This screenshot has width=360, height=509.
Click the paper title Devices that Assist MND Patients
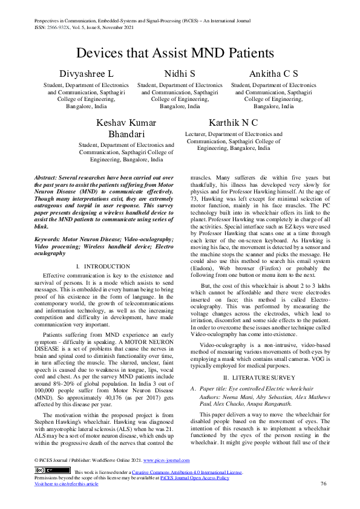click(x=180, y=52)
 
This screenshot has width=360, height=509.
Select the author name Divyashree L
click(x=85, y=74)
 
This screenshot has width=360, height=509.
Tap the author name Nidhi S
click(x=180, y=74)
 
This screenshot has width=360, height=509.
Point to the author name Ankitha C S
click(x=273, y=74)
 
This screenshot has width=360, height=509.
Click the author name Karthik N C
click(x=233, y=123)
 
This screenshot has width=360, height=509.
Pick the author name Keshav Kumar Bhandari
click(x=126, y=128)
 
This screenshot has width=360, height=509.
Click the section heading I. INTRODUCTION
click(x=103, y=267)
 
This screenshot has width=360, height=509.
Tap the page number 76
click(x=324, y=484)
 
